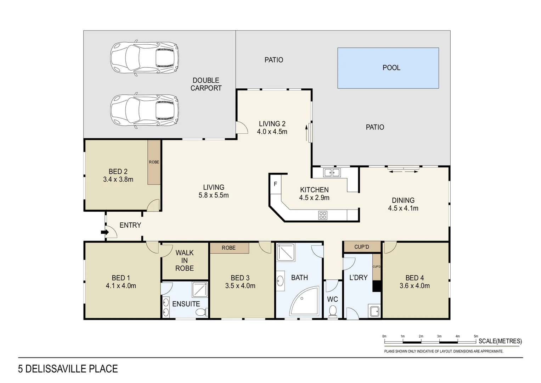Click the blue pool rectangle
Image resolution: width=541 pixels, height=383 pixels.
[388, 68]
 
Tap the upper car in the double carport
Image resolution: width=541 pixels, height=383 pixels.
[144, 58]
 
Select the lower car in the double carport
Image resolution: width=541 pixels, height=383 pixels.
[144, 110]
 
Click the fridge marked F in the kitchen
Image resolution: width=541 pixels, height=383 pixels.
[275, 184]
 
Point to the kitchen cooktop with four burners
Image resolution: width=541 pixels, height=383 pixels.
[322, 215]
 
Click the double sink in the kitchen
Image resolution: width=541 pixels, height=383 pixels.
[332, 173]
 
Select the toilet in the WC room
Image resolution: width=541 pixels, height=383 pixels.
[332, 311]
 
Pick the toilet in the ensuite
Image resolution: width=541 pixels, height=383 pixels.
[201, 312]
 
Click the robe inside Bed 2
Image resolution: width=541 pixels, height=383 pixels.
[154, 162]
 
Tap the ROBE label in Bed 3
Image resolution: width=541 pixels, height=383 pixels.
[229, 248]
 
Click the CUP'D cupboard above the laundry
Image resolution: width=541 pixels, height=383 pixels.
[362, 247]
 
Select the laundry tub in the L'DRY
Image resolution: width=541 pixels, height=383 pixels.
[374, 311]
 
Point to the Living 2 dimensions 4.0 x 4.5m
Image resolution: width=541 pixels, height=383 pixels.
[272, 132]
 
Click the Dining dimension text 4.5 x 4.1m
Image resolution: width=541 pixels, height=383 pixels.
[403, 208]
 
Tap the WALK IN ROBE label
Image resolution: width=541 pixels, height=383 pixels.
[185, 261]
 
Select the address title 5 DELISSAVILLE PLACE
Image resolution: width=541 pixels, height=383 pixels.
[68, 369]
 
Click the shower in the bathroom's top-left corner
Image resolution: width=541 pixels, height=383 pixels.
[286, 252]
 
